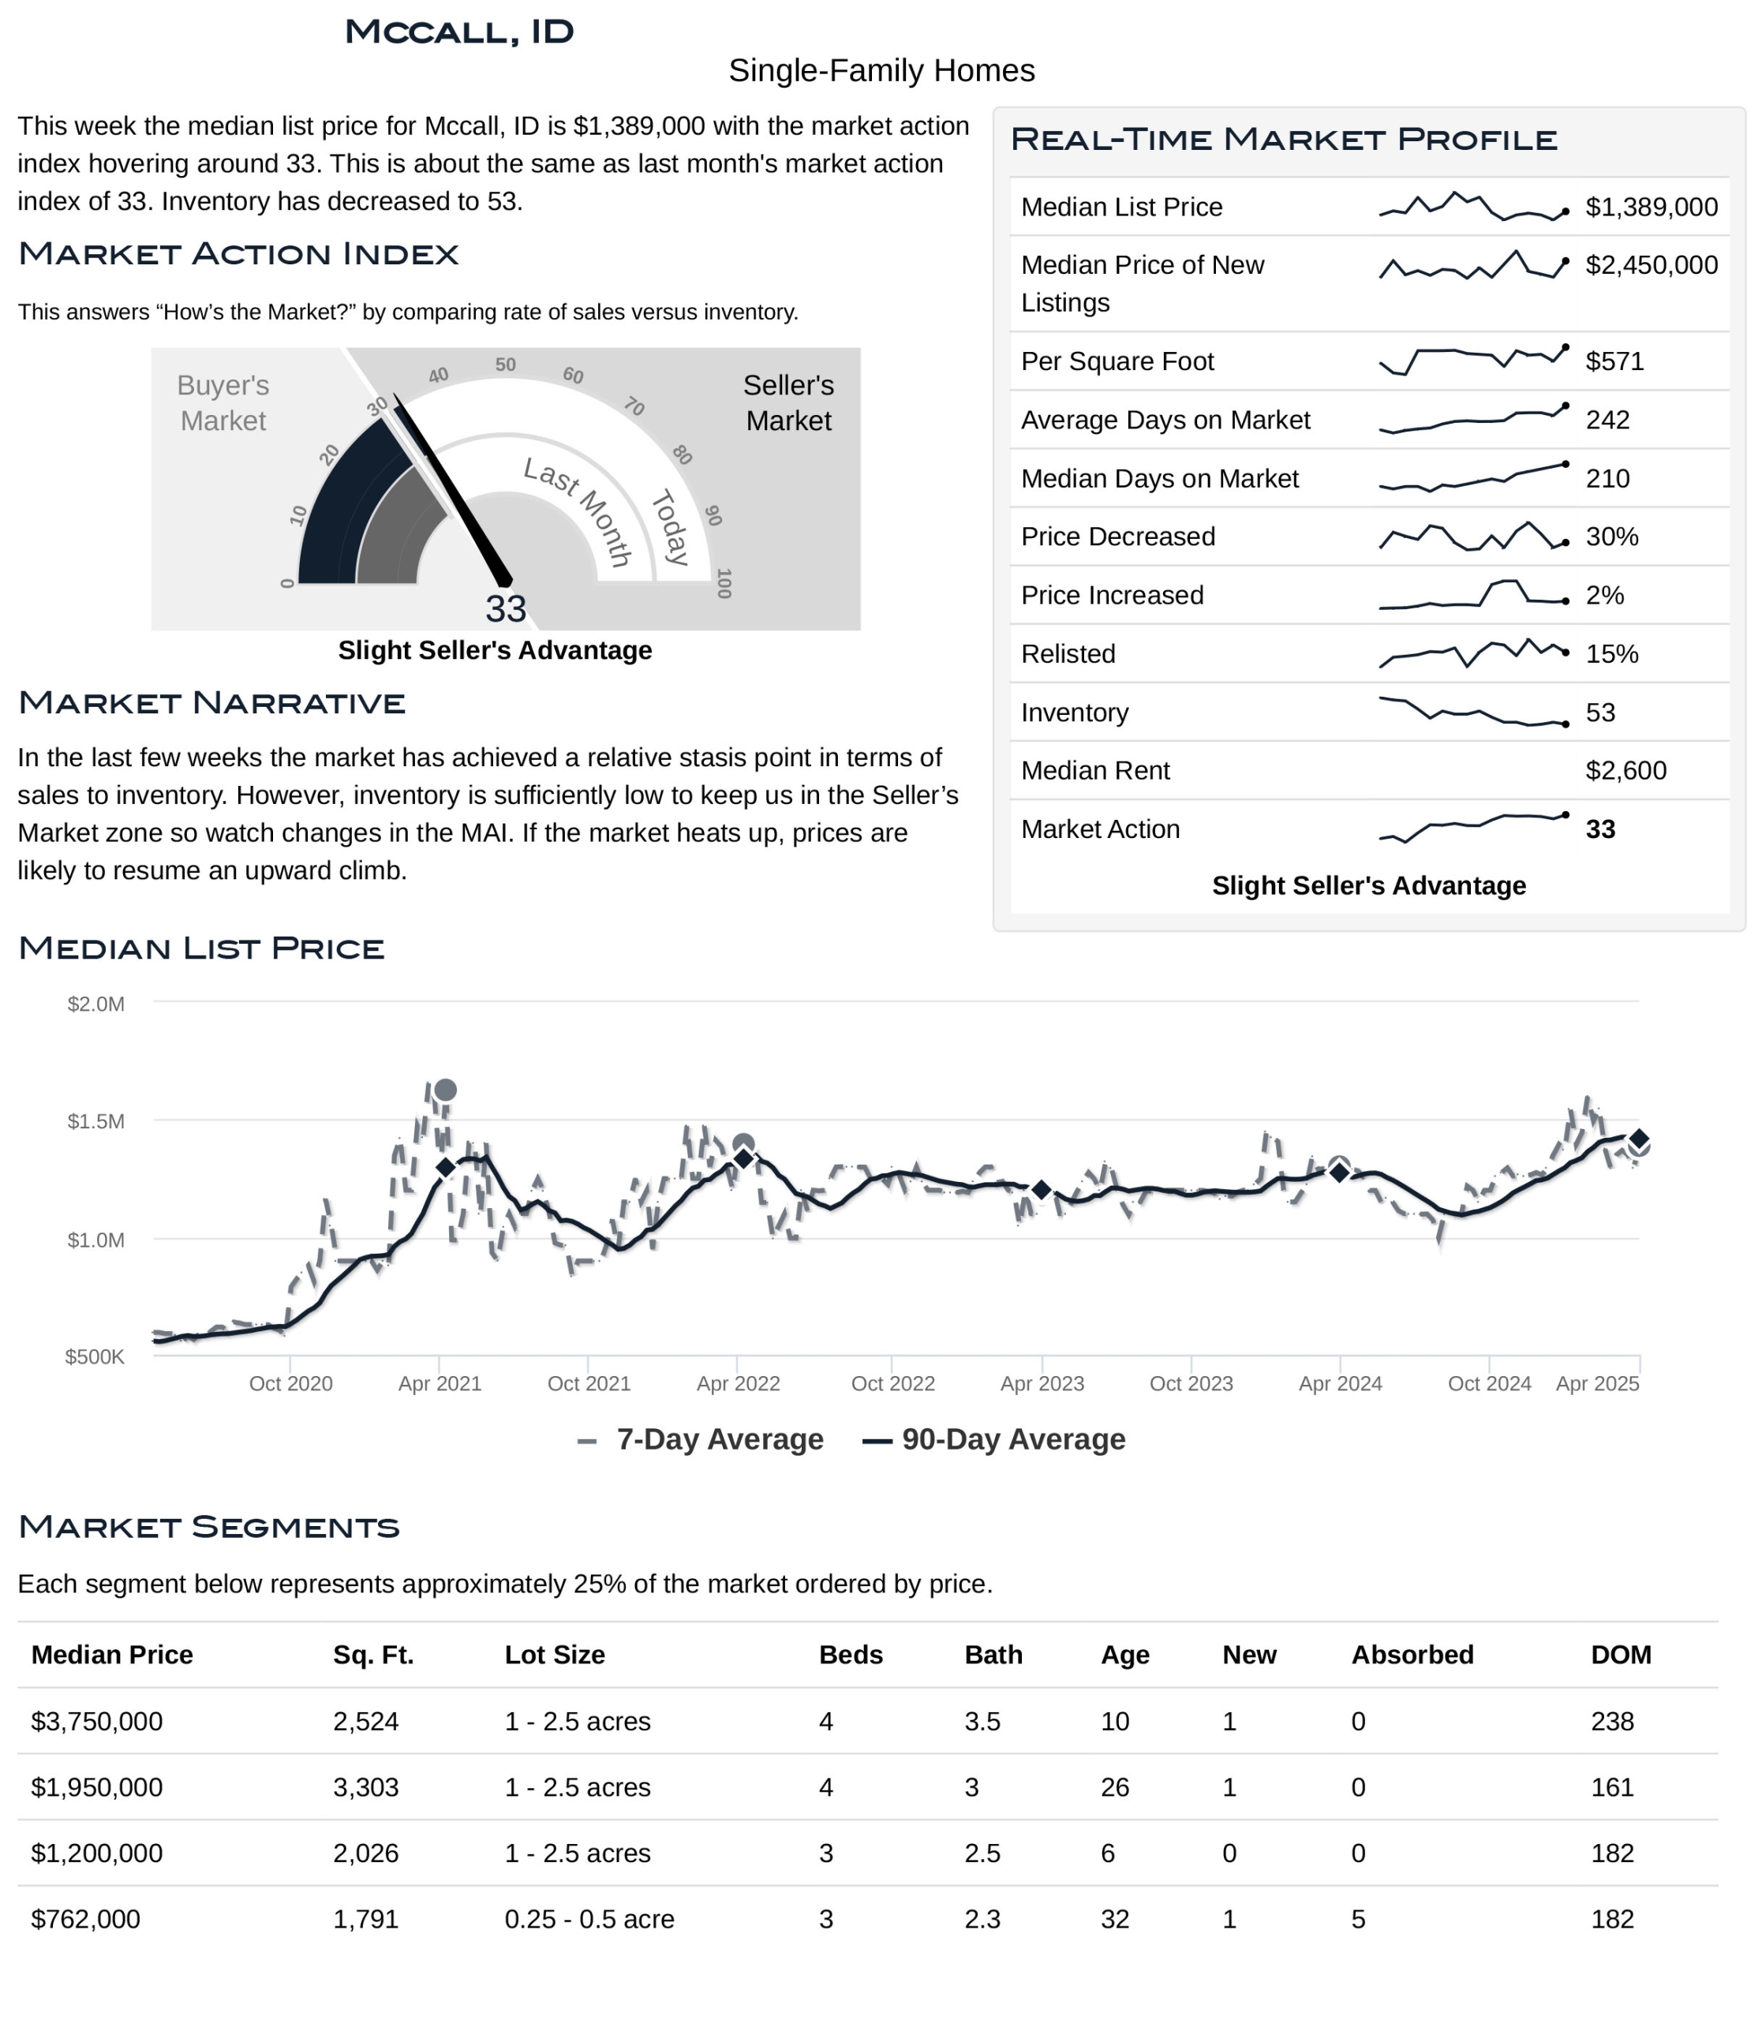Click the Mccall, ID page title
[459, 32]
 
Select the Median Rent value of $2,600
[1625, 770]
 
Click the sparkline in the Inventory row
[1472, 712]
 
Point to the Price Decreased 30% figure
[1611, 537]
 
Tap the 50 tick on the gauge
[505, 365]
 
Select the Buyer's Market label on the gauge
[223, 402]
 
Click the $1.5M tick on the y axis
[95, 1121]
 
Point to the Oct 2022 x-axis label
[892, 1384]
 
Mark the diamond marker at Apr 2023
[1042, 1190]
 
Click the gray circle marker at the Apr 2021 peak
[445, 1090]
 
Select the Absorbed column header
[1412, 1655]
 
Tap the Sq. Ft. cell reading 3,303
[366, 1787]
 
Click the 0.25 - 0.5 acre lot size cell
[589, 1919]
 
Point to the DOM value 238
[1611, 1721]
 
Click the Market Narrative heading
[212, 703]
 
